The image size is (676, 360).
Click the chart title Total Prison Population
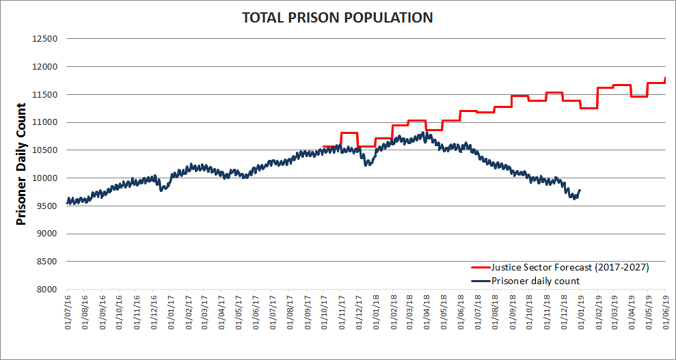(338, 18)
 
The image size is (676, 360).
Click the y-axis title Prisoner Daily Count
(21, 164)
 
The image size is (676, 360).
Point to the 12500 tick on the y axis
(45, 39)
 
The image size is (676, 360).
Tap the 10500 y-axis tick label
(45, 150)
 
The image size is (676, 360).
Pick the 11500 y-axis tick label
(45, 95)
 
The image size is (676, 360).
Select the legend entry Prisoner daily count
(535, 281)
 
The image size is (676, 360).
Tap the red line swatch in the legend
(480, 268)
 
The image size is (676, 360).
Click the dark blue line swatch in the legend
(480, 281)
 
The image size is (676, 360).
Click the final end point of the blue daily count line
(580, 190)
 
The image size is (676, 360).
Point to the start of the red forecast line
(323, 146)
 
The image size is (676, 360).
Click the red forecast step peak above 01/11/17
(349, 133)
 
